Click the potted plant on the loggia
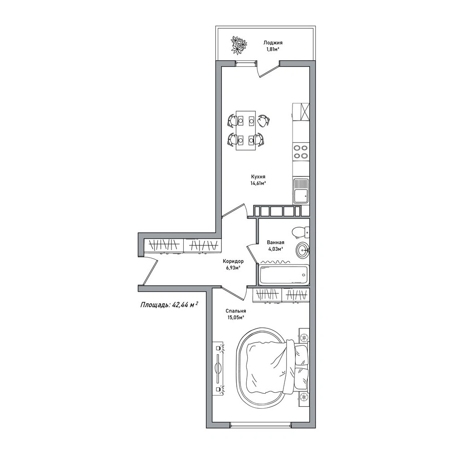[x=239, y=45]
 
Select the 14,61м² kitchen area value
[x=258, y=183]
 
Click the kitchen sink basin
[x=301, y=191]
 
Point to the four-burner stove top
[x=301, y=152]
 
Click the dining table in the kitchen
[x=246, y=130]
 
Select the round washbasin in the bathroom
[x=303, y=249]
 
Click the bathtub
[x=284, y=275]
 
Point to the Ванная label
[x=275, y=243]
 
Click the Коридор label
[x=233, y=261]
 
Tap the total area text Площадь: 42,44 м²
[x=169, y=304]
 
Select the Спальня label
[x=236, y=311]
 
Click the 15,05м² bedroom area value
[x=236, y=317]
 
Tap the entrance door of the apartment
[x=150, y=271]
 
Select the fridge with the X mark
[x=301, y=112]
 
